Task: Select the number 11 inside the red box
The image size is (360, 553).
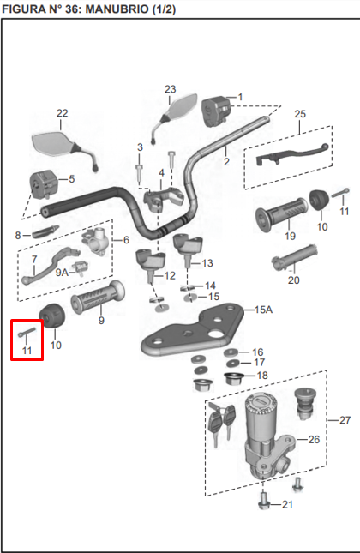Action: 27,351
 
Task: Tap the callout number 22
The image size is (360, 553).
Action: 62,113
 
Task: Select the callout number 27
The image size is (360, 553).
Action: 345,420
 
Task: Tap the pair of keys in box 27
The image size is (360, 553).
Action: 219,424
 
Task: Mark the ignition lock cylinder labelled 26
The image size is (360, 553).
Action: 261,429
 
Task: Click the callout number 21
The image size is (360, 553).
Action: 286,505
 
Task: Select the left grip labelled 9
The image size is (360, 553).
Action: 95,301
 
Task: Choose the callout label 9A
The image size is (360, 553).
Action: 62,272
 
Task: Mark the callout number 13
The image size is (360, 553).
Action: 207,262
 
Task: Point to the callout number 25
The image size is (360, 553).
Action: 299,114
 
